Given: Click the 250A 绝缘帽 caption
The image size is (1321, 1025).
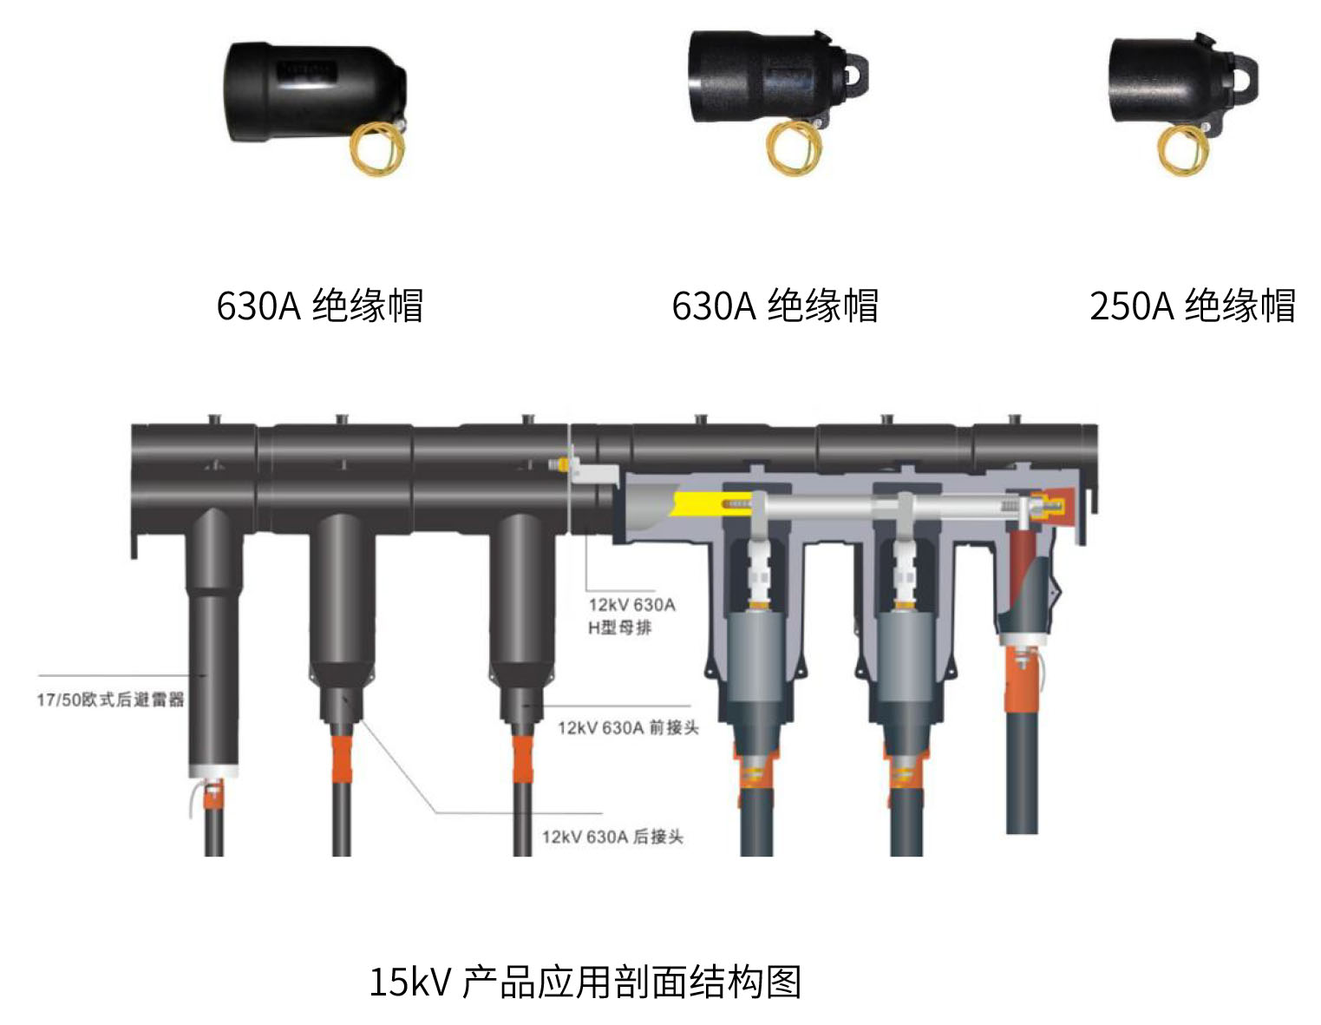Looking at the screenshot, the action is (x=1192, y=306).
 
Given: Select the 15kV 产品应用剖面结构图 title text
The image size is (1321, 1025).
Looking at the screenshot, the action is (x=585, y=982).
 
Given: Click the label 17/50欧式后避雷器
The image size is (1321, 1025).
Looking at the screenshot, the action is (x=110, y=700).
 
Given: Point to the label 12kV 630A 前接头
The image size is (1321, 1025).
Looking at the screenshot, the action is (x=628, y=727).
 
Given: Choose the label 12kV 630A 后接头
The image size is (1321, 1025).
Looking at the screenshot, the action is (x=612, y=837).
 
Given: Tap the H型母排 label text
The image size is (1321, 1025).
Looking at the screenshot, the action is (x=619, y=627).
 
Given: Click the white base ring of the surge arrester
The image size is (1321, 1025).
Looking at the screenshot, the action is (x=213, y=771).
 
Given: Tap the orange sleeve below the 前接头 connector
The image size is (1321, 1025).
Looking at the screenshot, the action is (x=522, y=759).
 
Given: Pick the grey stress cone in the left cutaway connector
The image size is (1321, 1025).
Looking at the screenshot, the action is (x=755, y=659).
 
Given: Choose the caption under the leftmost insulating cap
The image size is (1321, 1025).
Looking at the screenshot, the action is (x=320, y=306).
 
